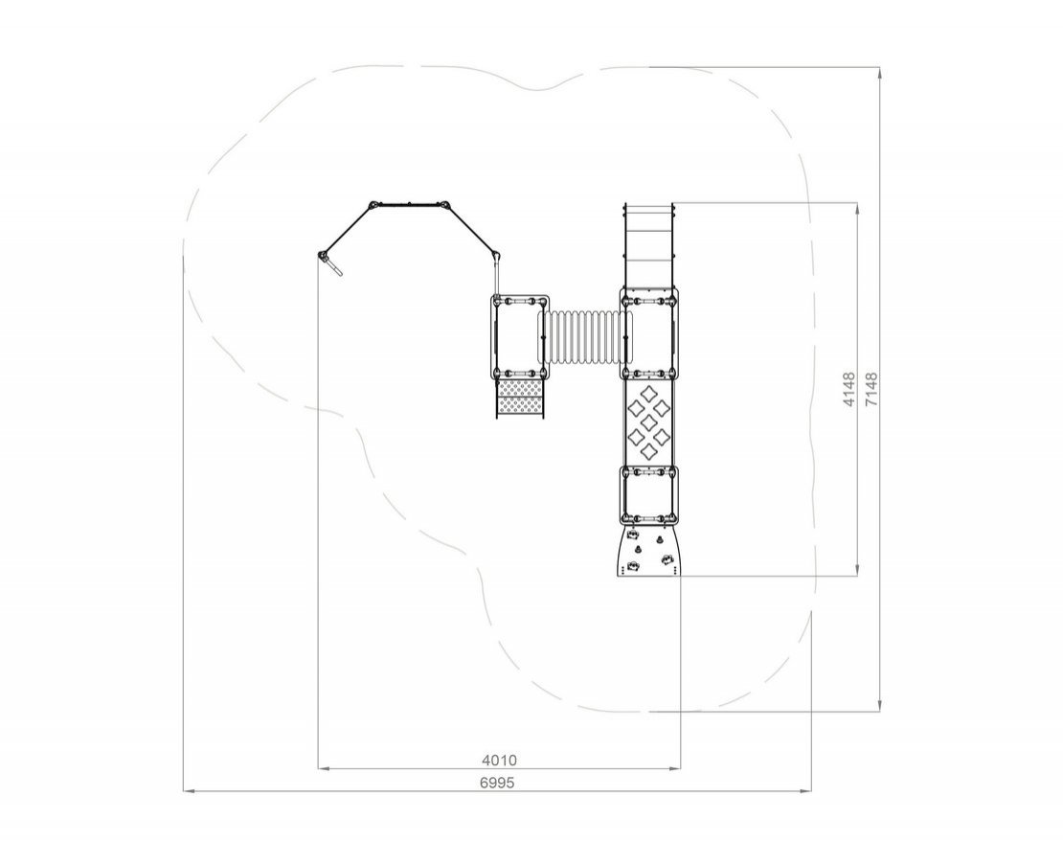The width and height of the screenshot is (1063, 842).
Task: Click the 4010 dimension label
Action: click(x=499, y=760)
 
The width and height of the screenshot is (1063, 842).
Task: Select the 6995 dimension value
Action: click(x=497, y=783)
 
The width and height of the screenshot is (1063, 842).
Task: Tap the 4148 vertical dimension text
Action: click(x=849, y=389)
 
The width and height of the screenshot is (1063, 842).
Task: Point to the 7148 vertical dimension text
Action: click(x=871, y=389)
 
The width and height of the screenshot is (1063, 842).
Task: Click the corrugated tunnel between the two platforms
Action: click(x=584, y=337)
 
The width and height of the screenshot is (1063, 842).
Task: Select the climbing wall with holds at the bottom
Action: click(x=647, y=551)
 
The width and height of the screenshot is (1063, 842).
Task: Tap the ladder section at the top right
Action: click(x=648, y=245)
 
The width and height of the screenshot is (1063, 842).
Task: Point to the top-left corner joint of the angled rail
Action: click(x=373, y=205)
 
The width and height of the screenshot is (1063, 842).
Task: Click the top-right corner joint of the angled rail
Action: click(x=444, y=205)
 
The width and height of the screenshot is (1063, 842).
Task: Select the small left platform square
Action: click(x=520, y=337)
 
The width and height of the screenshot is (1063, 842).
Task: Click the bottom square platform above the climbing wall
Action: click(x=648, y=495)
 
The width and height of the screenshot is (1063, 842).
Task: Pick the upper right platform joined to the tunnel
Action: click(x=648, y=332)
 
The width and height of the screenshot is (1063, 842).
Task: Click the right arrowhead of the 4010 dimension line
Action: click(x=675, y=769)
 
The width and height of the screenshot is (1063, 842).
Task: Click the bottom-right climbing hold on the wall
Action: click(x=667, y=559)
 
